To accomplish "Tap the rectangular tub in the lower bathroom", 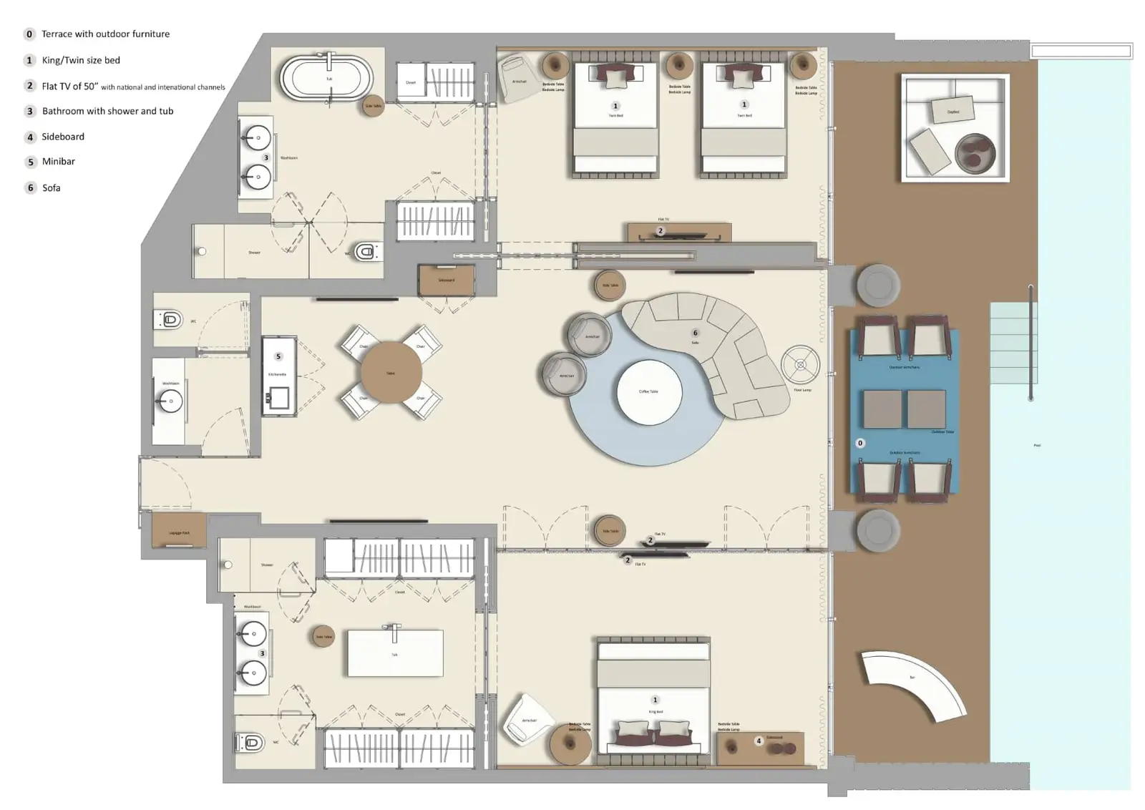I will point(395,653).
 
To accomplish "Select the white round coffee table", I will point(649,392).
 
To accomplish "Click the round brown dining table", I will point(391,372).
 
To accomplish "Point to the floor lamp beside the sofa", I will point(800,365).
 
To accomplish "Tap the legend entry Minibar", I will point(59,162).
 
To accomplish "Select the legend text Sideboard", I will point(63,137).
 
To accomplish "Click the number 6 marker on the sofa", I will point(695,333).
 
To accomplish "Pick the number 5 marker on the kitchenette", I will point(278,356).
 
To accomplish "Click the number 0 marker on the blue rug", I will point(860,443).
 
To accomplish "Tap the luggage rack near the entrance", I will point(179,530).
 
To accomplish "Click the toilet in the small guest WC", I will point(170,319).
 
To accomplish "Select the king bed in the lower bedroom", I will point(654,698).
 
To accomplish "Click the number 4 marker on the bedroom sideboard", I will point(759,741).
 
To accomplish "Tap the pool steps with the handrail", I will point(1012,343).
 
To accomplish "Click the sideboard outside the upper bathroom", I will point(447,280).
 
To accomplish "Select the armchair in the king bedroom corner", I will point(528,719).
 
